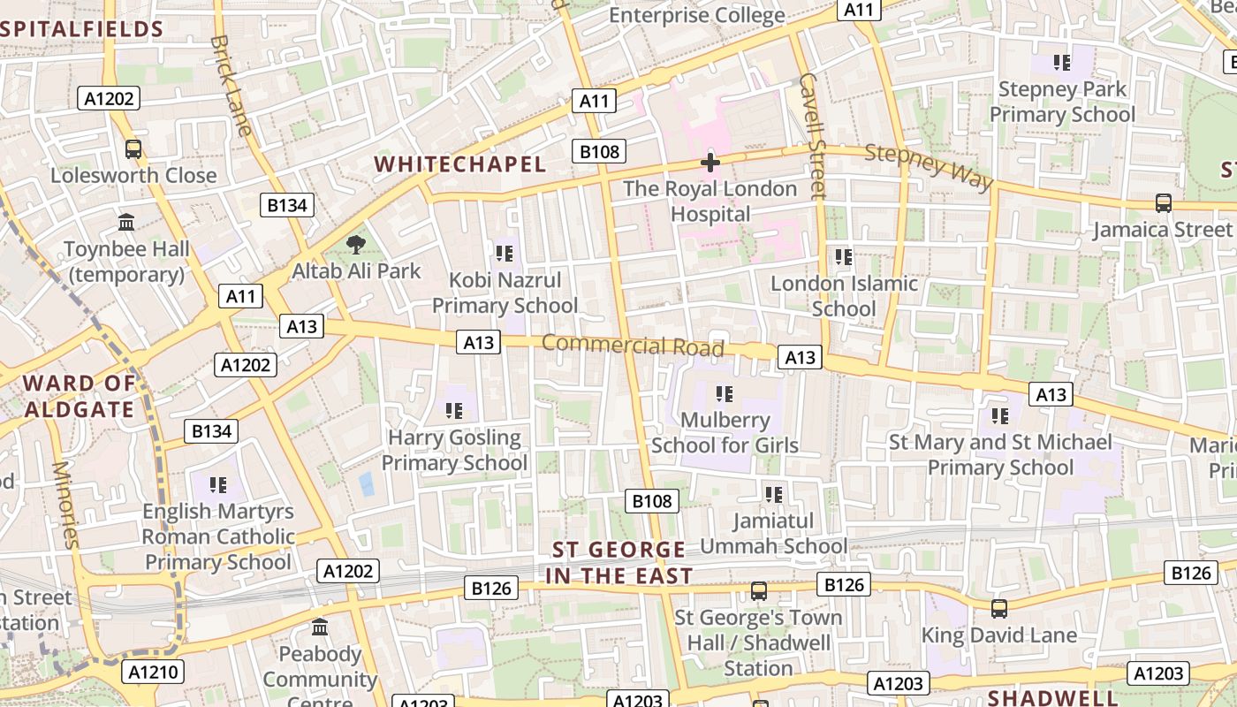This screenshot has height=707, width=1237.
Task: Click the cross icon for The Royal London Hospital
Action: (x=710, y=163)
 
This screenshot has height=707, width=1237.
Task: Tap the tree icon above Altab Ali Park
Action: (x=356, y=245)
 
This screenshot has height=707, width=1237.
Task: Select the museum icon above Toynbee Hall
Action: (x=126, y=223)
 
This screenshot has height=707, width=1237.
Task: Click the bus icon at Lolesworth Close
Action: (x=133, y=149)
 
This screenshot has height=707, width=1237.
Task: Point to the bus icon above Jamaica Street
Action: (x=1164, y=203)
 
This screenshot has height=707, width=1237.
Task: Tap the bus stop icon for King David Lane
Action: (x=999, y=609)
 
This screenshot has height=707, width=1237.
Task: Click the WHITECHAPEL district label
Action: (x=460, y=164)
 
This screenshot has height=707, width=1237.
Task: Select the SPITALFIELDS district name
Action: (x=82, y=29)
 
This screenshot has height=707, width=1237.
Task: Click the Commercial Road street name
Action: (x=633, y=345)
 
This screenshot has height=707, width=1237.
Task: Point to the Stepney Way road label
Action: (x=929, y=165)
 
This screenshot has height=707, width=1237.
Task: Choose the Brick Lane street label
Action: (x=232, y=85)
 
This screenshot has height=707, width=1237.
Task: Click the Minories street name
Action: (x=65, y=505)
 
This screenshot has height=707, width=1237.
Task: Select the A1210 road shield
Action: (x=154, y=672)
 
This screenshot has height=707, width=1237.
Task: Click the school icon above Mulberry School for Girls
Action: (x=725, y=394)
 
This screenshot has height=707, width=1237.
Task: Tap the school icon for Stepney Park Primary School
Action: (x=1062, y=63)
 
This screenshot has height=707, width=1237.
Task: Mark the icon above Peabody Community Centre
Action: (x=320, y=627)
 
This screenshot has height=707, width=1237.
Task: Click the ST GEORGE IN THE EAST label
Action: (x=619, y=563)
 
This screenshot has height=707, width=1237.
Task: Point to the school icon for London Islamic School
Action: (x=844, y=257)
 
